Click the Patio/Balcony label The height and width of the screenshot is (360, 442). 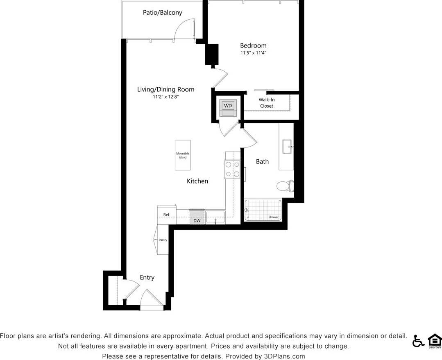(162, 13)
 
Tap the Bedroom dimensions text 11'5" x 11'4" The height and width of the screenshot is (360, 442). (253, 53)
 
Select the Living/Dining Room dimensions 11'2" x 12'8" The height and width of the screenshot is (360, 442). (165, 97)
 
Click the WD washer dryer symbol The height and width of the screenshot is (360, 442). (228, 106)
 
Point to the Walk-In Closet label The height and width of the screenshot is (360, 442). (266, 103)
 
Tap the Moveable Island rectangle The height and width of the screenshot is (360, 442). (183, 155)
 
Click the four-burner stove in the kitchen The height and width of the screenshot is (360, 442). (232, 169)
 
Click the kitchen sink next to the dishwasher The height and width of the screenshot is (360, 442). (215, 217)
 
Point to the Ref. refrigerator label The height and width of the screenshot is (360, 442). (167, 215)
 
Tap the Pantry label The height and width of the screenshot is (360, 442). (163, 240)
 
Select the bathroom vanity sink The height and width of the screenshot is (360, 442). (287, 146)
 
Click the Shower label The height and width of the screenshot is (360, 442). (273, 217)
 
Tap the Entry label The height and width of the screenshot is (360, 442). (147, 278)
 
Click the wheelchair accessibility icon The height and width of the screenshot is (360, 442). (418, 341)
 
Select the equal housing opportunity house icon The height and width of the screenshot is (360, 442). (435, 341)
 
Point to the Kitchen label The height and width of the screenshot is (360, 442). (197, 181)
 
